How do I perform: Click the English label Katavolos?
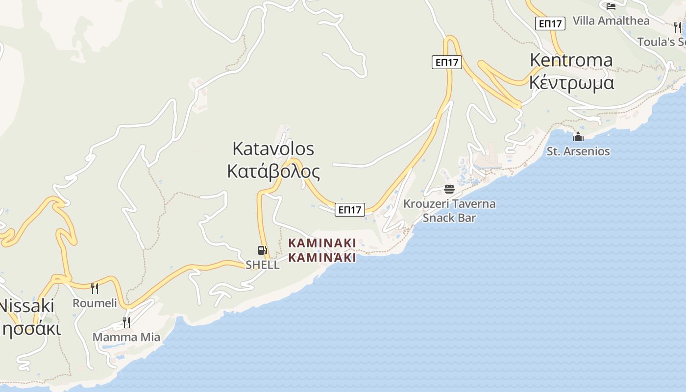(x=273, y=148)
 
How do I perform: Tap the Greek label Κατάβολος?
(x=273, y=171)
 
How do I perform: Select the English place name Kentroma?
(x=571, y=60)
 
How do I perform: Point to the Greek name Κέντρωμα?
(x=571, y=82)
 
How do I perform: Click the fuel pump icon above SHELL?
(x=263, y=250)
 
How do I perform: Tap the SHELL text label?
(x=263, y=265)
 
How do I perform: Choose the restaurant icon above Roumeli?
(x=95, y=289)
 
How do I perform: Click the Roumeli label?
(x=95, y=303)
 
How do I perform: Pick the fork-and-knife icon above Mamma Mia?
(x=126, y=322)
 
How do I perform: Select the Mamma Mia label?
(x=126, y=337)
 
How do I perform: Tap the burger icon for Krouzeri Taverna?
(x=449, y=189)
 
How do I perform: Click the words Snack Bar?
(x=449, y=218)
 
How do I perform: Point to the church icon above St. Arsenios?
(x=578, y=137)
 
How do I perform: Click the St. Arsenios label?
(x=578, y=151)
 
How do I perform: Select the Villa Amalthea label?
(x=611, y=21)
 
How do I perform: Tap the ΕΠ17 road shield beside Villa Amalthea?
(x=550, y=23)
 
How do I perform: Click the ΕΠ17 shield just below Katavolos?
(x=350, y=210)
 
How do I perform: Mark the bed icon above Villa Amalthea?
(x=611, y=6)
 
